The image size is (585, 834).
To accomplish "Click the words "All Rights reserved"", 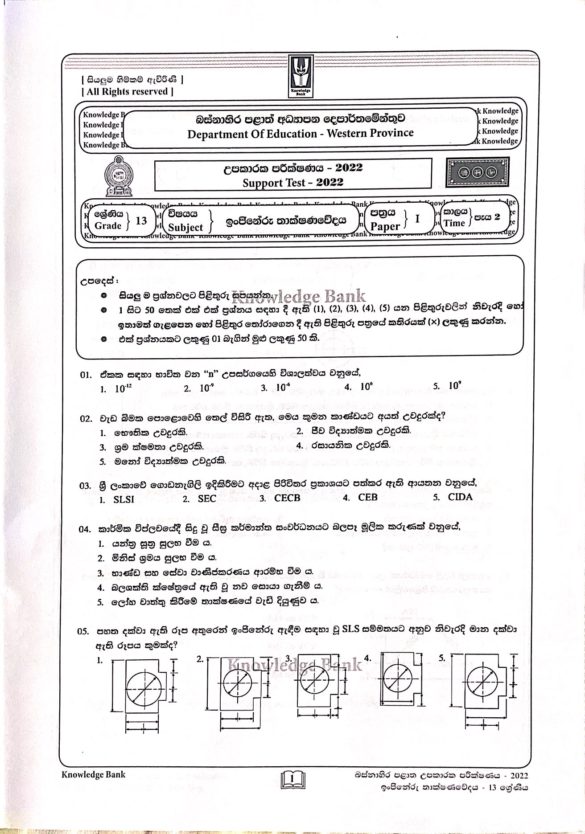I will [128, 92].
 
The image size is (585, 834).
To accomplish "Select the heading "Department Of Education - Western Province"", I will [300, 133].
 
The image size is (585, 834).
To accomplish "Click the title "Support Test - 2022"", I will [293, 182].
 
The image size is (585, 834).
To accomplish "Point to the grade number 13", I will [141, 221].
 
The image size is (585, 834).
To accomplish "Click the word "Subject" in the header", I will [185, 227].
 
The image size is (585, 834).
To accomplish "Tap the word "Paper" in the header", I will [385, 226].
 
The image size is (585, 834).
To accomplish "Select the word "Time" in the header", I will [454, 223].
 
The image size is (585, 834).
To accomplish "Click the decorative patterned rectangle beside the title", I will [478, 171].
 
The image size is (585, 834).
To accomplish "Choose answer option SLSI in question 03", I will [124, 499].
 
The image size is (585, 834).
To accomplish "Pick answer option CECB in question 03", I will [287, 498].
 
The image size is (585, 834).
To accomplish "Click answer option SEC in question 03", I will [206, 499].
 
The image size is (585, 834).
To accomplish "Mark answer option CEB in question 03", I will [367, 497].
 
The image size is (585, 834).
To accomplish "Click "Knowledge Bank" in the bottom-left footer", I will [94, 774].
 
